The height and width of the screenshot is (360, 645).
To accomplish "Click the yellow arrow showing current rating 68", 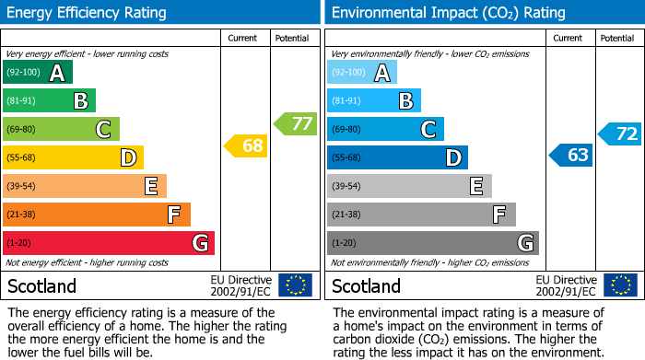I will click(246, 145).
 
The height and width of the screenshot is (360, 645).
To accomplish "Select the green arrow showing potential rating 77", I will click(295, 123).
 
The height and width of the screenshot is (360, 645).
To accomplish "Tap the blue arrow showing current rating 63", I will click(570, 155).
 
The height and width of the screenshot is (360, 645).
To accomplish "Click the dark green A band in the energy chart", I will click(38, 73).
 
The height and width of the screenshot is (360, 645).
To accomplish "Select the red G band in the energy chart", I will click(109, 243).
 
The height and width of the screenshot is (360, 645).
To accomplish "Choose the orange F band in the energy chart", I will click(97, 215).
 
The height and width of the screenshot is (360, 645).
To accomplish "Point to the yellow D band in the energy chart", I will click(73, 158).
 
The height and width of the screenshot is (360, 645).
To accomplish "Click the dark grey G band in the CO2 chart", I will click(432, 243).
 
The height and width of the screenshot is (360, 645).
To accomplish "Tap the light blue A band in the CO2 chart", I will click(362, 73).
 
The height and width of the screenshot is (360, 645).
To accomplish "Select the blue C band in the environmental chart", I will click(385, 130).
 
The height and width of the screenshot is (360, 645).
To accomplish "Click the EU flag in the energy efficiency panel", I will click(295, 285).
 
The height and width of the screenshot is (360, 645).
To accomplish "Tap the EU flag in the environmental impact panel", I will click(619, 285).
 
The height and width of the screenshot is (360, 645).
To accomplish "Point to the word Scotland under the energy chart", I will click(41, 285).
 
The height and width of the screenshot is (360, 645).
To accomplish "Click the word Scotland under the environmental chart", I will click(366, 285).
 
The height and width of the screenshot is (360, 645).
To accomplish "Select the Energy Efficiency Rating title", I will click(87, 13).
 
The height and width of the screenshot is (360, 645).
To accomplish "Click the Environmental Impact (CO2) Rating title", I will click(447, 13).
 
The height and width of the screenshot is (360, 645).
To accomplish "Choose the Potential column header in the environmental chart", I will click(617, 38).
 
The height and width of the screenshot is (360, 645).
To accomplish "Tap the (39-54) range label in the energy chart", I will click(20, 187).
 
